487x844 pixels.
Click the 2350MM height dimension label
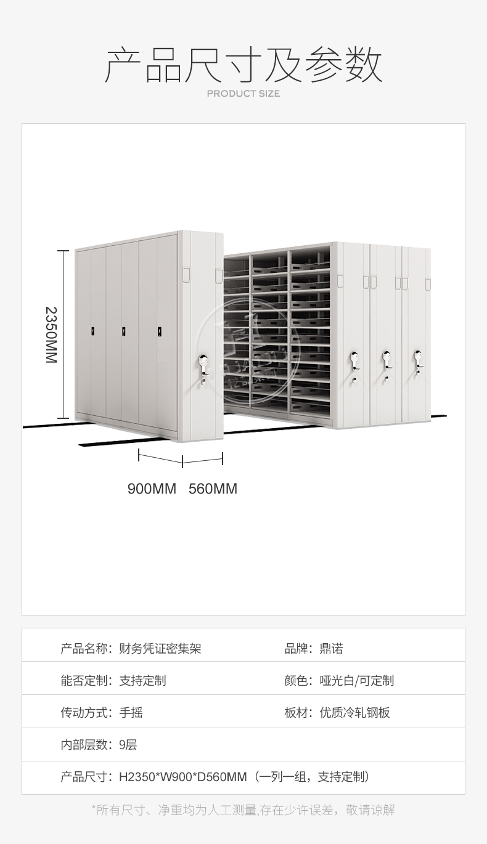coord(51,335)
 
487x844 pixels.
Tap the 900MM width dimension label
coord(152,489)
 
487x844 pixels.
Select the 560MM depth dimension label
coord(213,489)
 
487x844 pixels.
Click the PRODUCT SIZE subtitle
coord(243,94)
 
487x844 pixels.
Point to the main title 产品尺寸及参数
coord(243,65)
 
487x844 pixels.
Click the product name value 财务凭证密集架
coord(160,649)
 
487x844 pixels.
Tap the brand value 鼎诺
coord(331,649)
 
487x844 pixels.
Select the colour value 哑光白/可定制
coord(356,681)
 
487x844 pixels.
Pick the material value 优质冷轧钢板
coord(354,713)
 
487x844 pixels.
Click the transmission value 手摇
coord(131,713)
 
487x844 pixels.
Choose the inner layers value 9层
coord(128,745)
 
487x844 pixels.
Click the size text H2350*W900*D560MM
coord(183,777)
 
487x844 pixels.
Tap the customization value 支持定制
coord(142,681)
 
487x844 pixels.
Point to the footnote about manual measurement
coord(243,810)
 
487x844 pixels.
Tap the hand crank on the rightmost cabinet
coord(418,362)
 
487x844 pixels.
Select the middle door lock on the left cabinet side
coord(124,331)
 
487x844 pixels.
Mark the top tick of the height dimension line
coord(63,251)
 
